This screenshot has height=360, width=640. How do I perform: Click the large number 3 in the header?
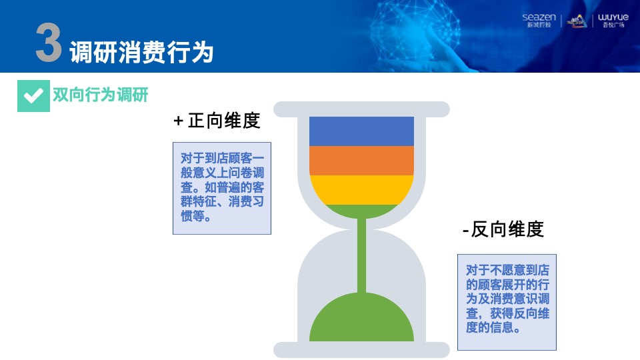pyautogui.click(x=48, y=46)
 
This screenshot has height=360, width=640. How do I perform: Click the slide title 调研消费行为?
pyautogui.click(x=141, y=51)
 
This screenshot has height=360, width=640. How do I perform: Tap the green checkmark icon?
pyautogui.click(x=33, y=96)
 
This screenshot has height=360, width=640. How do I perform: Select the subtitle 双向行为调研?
pyautogui.click(x=100, y=95)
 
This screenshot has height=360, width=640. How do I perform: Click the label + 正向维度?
pyautogui.click(x=217, y=121)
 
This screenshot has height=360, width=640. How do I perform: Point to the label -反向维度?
pyautogui.click(x=503, y=229)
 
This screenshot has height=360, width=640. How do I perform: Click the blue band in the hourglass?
pyautogui.click(x=361, y=131)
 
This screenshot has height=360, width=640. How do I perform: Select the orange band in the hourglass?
pyautogui.click(x=361, y=160)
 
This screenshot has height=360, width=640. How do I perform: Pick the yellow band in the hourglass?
pyautogui.click(x=361, y=189)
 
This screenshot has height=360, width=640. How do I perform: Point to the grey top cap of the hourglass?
pyautogui.click(x=361, y=109)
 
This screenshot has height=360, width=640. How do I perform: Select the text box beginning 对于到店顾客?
pyautogui.click(x=222, y=187)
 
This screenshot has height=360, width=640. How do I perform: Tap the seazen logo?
pyautogui.click(x=539, y=21)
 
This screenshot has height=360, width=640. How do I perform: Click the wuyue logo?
pyautogui.click(x=613, y=21)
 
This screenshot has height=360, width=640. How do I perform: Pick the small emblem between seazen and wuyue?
pyautogui.click(x=576, y=21)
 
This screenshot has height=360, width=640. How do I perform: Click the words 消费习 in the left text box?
pyautogui.click(x=245, y=202)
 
